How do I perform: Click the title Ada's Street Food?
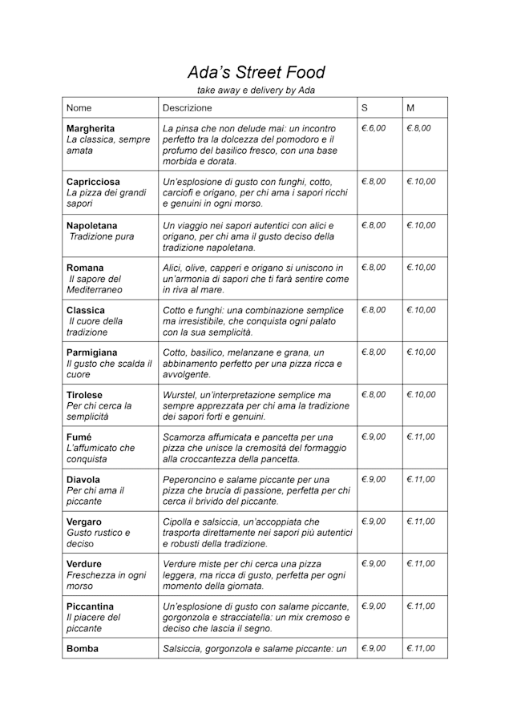[x=256, y=73]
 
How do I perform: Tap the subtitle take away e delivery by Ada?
[x=256, y=91]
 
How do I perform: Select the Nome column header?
[x=79, y=107]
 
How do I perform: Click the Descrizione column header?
[x=187, y=107]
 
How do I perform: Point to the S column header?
[x=365, y=107]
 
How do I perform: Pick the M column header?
[x=410, y=107]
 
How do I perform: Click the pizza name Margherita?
[x=91, y=129]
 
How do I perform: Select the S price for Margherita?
[x=374, y=129]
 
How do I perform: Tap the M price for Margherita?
[x=418, y=129]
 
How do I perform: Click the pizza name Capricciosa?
[x=93, y=182]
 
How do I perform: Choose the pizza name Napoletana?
[x=91, y=225]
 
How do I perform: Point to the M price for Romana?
[x=421, y=268]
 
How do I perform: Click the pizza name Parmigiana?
[x=91, y=352]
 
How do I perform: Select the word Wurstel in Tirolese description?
[x=180, y=395]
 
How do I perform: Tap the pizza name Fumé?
[x=79, y=437]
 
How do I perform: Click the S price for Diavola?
[x=374, y=480]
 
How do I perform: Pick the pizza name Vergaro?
[x=84, y=522]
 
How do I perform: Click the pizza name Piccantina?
[x=90, y=606]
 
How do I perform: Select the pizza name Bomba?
[x=82, y=649]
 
